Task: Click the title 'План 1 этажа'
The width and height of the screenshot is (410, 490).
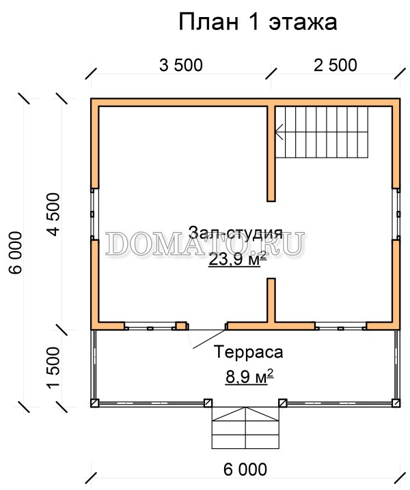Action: pos(258,23)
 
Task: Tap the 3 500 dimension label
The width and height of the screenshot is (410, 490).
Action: pos(181,66)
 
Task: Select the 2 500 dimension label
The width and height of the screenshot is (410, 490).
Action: pos(336,66)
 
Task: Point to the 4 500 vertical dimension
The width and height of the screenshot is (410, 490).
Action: pos(53,214)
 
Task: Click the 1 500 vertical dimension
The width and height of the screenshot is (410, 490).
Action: pos(53,368)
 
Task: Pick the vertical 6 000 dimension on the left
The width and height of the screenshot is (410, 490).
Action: pos(16,253)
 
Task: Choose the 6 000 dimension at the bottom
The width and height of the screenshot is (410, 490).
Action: pos(245,470)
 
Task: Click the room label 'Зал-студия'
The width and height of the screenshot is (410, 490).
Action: pos(236,233)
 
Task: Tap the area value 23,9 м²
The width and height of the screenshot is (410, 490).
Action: pos(237,259)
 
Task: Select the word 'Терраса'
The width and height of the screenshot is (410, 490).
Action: pos(249,352)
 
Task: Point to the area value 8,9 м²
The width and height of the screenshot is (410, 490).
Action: pos(249,377)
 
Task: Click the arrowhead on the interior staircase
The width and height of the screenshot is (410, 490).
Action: pos(279,132)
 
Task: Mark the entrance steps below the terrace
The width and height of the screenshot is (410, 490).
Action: pos(245,428)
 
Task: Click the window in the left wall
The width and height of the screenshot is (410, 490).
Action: pos(94,214)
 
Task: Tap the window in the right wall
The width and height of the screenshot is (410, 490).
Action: pos(396,214)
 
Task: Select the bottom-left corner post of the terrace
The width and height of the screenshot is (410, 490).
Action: pos(95,403)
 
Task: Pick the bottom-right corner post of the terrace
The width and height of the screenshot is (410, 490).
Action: pos(396,403)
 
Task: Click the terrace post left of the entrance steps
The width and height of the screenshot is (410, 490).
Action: pos(208,403)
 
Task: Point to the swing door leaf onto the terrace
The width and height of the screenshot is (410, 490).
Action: pos(209,338)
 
